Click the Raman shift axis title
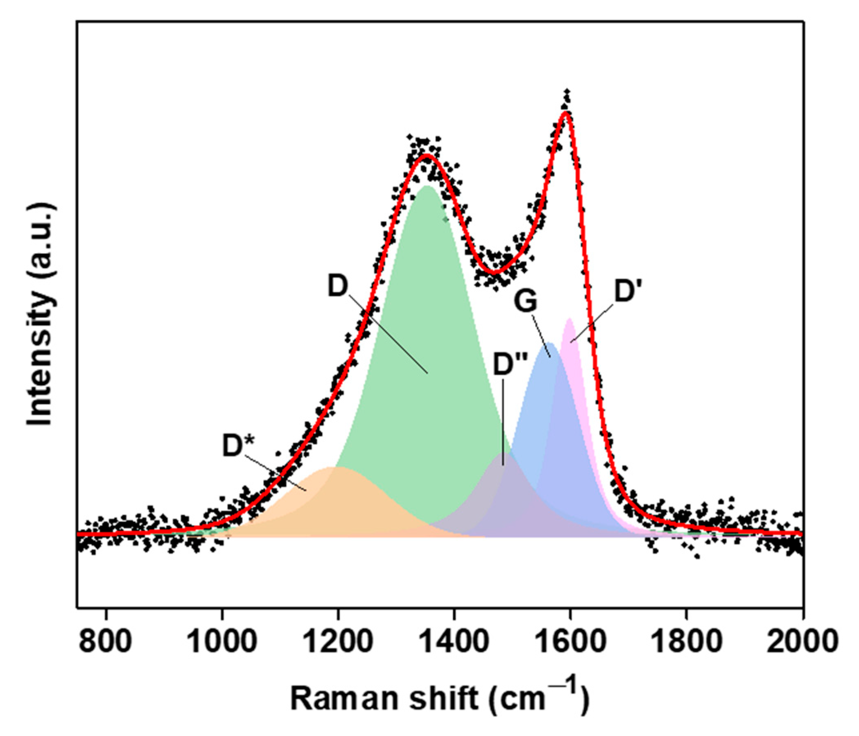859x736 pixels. click(439, 699)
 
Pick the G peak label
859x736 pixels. click(526, 301)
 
